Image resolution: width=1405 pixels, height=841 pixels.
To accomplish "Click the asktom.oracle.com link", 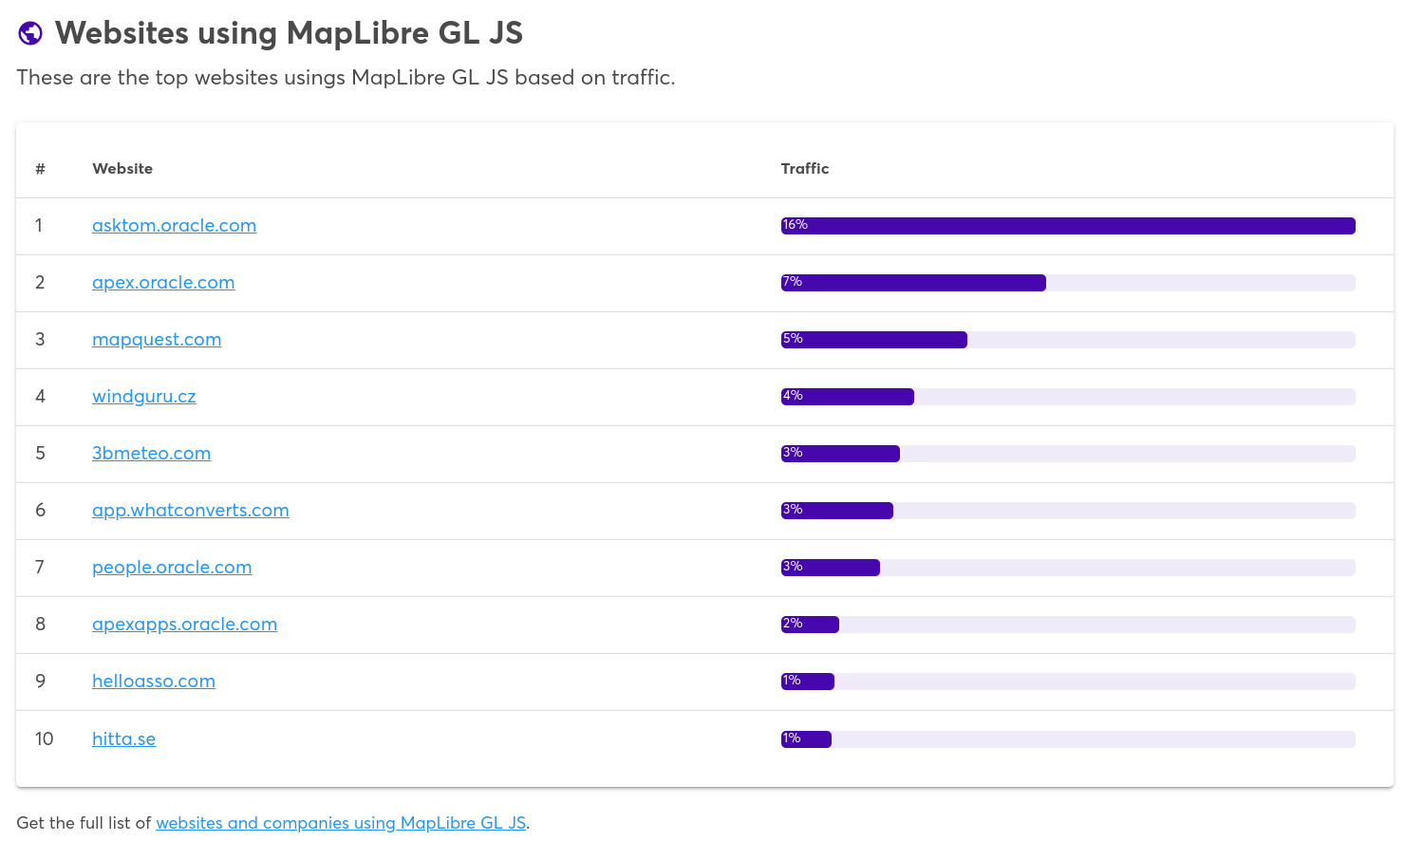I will (x=174, y=226).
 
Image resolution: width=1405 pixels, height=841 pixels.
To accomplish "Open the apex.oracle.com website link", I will (x=163, y=283).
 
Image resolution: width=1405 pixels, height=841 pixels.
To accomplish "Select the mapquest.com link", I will (x=157, y=340).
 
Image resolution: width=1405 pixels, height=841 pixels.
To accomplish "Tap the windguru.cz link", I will (x=143, y=397).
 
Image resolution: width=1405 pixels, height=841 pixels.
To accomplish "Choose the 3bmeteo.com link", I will (x=151, y=454).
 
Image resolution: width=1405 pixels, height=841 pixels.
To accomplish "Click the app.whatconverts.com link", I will (x=190, y=511).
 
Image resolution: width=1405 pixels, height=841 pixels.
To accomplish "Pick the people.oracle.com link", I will (x=172, y=568).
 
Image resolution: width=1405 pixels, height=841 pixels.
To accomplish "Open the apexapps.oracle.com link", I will (x=184, y=625).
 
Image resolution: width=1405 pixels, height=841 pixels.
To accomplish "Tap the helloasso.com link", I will (x=154, y=682).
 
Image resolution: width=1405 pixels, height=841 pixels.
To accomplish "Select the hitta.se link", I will (x=123, y=739).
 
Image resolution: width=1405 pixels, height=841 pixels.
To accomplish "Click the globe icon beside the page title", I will (x=30, y=33).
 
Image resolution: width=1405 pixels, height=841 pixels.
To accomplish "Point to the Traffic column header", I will (x=804, y=169).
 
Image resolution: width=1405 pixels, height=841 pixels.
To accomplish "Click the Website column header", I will (x=122, y=169).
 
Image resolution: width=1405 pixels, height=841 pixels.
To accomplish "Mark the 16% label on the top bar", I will (x=795, y=225).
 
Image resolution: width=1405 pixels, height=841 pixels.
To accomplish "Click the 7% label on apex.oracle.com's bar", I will (x=792, y=282).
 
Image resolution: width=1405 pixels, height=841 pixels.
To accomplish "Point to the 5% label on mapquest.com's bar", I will (x=792, y=339).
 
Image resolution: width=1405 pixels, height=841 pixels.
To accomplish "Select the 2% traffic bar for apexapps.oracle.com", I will (x=810, y=625).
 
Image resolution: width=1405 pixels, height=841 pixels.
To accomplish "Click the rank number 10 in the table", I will (x=44, y=739).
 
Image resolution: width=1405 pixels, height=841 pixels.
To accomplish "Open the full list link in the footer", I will (x=341, y=823).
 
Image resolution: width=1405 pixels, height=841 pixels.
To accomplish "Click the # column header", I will (x=40, y=169).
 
